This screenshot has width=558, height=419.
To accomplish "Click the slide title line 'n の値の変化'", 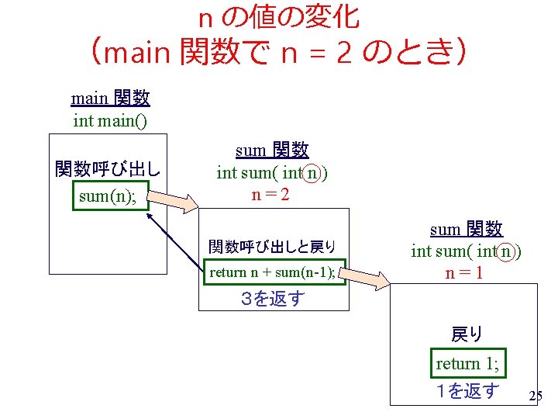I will [278, 16].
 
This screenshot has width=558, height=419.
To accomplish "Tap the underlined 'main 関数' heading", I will [110, 99].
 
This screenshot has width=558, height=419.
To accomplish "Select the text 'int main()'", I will [110, 120].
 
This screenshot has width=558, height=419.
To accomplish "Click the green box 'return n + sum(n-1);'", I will [274, 272].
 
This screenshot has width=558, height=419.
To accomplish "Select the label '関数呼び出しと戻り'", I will [272, 248].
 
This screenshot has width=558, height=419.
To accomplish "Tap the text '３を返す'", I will [272, 299].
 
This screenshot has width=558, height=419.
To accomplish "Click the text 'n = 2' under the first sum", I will [271, 195].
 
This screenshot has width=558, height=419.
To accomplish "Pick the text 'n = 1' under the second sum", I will [466, 273].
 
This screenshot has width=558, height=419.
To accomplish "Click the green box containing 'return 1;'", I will [467, 364].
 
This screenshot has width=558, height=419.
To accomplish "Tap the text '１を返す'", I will [467, 392].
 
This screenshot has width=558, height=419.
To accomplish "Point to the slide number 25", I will [535, 397].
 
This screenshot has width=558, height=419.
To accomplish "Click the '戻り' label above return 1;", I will [467, 335].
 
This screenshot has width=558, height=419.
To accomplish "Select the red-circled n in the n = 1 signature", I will [505, 251].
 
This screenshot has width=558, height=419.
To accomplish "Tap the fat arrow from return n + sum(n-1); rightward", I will [364, 275].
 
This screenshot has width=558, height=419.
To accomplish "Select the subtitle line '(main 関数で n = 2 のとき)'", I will [278, 53].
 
